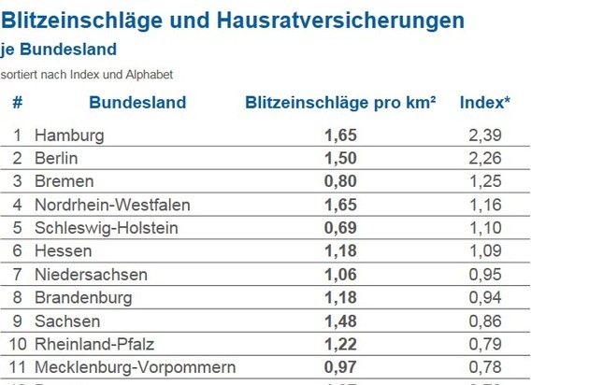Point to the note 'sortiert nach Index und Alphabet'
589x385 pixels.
pos(74,74)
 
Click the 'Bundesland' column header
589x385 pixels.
pos(137,103)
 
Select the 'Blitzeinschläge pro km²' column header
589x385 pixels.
pos(340,103)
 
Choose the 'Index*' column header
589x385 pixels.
pos(484,103)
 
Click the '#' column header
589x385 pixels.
pos(17,103)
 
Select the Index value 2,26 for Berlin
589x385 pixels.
pos(486,158)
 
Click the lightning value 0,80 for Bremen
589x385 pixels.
pos(340,181)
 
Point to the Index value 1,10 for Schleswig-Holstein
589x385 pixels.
pos(486,228)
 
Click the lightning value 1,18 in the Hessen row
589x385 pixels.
pos(340,251)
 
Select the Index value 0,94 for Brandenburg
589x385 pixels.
pos(486,298)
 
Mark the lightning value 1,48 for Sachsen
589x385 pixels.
pos(340,321)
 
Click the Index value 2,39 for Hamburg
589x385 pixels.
pos(486,135)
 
